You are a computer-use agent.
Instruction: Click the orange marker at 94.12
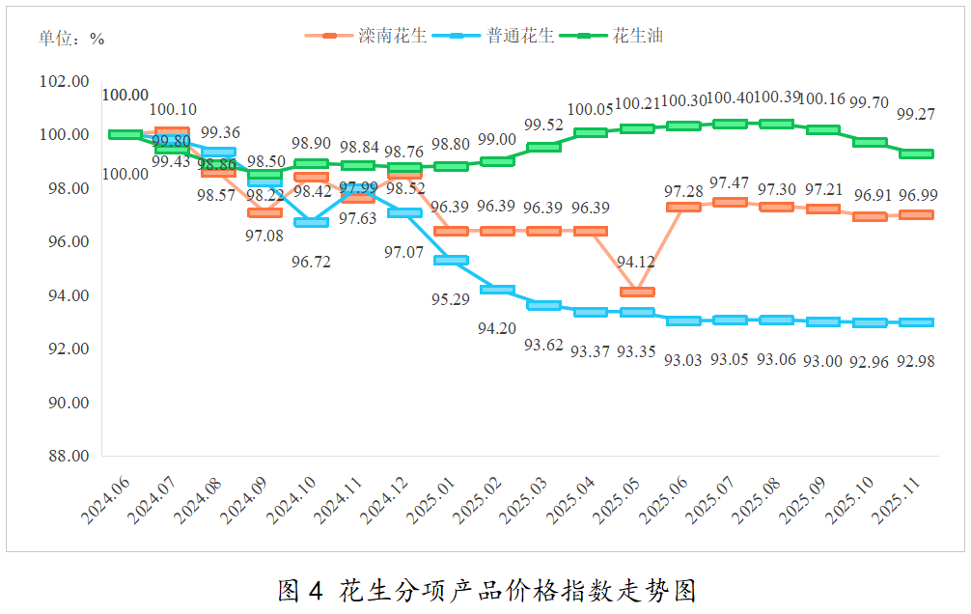637,292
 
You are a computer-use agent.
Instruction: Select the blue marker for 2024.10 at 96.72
311,222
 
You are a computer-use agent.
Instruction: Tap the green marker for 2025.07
730,124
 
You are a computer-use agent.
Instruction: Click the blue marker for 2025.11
915,322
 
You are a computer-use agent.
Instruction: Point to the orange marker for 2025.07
730,202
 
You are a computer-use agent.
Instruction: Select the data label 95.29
450,299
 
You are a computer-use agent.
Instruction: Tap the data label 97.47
730,182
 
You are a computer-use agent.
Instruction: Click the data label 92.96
870,363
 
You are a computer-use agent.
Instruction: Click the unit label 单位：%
70,40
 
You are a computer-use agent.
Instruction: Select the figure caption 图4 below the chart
485,590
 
